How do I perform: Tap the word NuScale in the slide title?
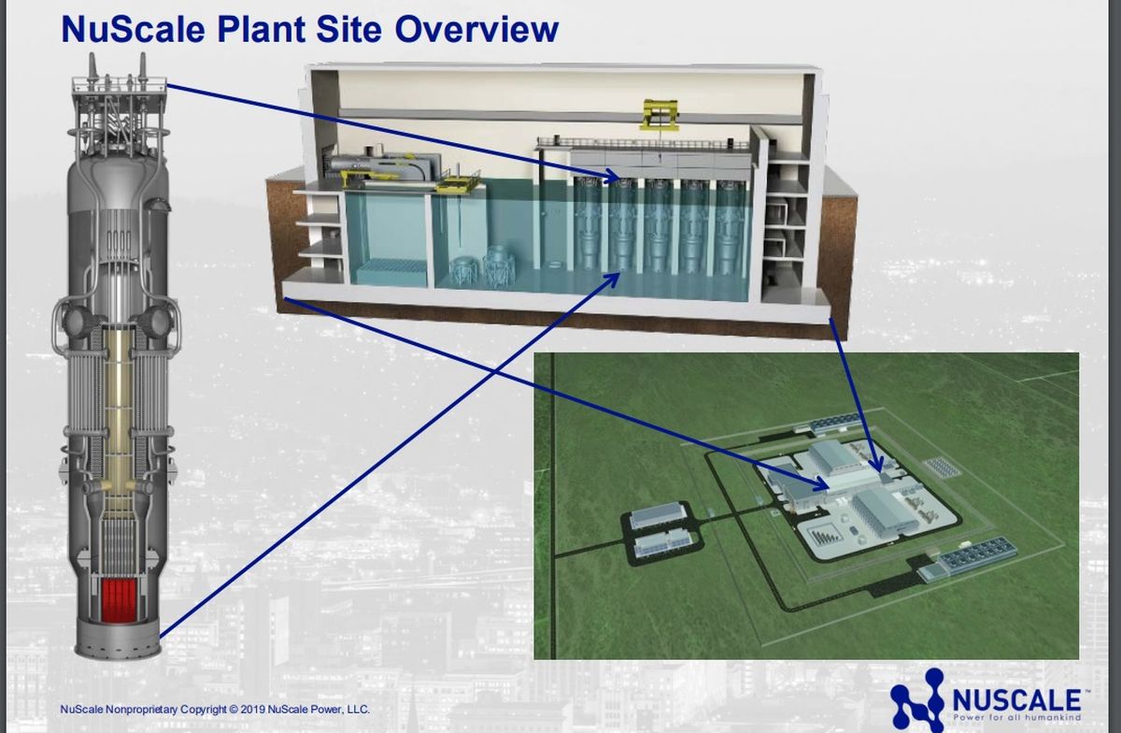[x=133, y=29]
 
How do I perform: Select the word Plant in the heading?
[x=261, y=29]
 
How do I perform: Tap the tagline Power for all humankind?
[x=1017, y=717]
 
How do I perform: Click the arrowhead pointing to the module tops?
[x=613, y=176]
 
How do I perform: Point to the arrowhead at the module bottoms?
[x=612, y=280]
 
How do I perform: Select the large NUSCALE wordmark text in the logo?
[x=1017, y=699]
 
